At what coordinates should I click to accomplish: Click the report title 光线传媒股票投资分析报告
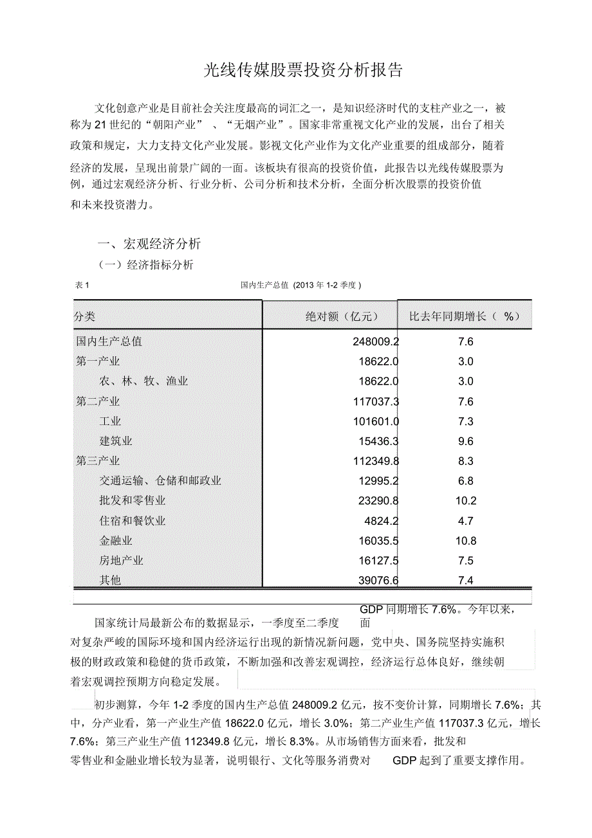(x=303, y=71)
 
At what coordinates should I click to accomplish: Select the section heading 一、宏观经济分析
(x=149, y=244)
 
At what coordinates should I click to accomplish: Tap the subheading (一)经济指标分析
(x=145, y=265)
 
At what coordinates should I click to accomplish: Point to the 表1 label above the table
(x=82, y=285)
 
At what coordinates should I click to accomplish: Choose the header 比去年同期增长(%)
(x=465, y=316)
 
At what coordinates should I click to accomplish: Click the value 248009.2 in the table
(x=376, y=342)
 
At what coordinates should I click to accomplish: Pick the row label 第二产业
(x=98, y=401)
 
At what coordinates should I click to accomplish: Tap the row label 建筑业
(x=116, y=441)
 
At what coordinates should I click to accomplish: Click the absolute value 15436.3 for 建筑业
(x=379, y=441)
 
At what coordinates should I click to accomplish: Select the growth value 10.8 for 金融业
(x=465, y=541)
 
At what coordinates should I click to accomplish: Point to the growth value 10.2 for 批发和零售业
(x=465, y=501)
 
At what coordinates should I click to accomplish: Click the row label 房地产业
(x=121, y=561)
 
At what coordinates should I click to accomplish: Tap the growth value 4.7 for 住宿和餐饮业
(x=465, y=521)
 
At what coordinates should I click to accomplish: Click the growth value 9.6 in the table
(x=465, y=441)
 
